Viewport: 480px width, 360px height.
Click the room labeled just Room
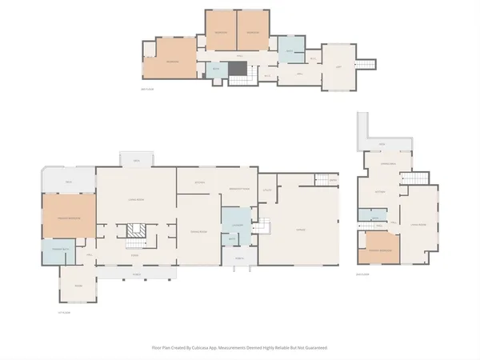click(x=78, y=285)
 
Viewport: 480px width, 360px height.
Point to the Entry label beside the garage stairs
click(x=333, y=181)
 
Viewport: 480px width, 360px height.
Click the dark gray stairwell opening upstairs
click(x=238, y=68)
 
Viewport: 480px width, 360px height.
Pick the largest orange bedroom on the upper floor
click(x=171, y=61)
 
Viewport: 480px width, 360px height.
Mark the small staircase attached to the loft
click(x=365, y=63)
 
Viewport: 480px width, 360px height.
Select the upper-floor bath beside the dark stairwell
click(x=216, y=70)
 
